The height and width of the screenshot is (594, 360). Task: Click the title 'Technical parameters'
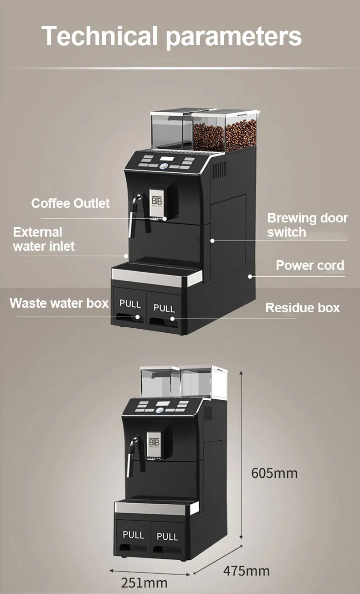[x=172, y=36]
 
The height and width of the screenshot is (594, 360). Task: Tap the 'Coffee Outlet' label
[x=71, y=203]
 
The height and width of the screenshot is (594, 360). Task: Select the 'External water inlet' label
[x=43, y=239]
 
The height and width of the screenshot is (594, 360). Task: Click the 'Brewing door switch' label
[x=307, y=225]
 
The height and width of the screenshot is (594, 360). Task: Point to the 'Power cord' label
[x=310, y=265]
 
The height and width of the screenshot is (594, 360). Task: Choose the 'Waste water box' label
[x=59, y=303]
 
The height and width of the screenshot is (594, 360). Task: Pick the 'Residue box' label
[x=303, y=308]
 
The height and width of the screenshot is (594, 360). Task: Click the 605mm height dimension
[x=274, y=473]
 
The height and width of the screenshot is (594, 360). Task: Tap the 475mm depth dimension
[x=246, y=570]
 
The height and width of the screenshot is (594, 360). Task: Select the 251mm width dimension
[x=144, y=582]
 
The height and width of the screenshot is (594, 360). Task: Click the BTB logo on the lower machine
[x=154, y=442]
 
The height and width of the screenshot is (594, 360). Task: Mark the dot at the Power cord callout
[x=250, y=276]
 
